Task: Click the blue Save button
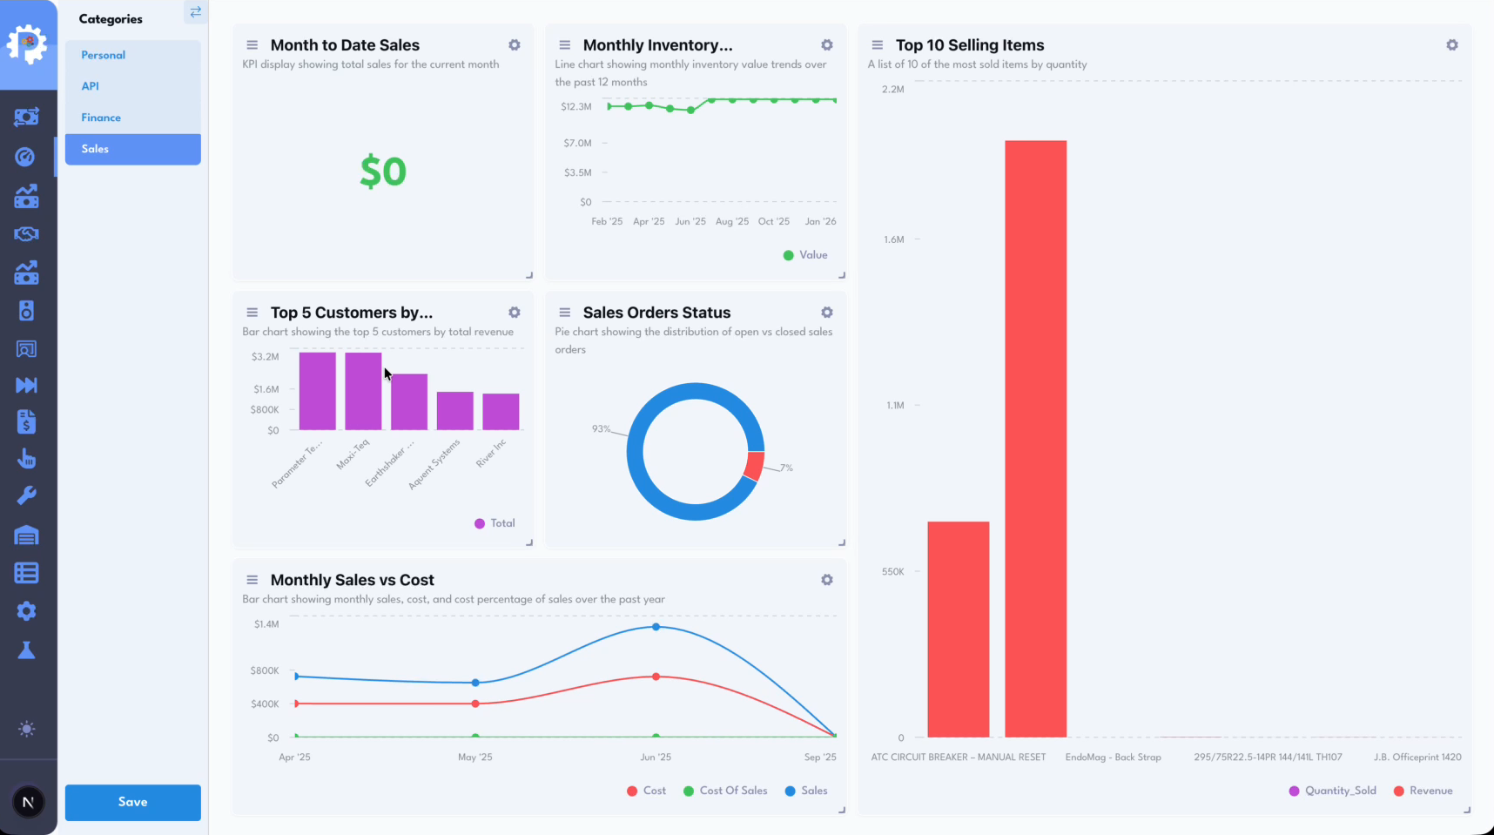tap(132, 802)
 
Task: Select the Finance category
tap(101, 118)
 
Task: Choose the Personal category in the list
tap(103, 55)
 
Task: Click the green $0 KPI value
tap(383, 172)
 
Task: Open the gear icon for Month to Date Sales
tap(515, 45)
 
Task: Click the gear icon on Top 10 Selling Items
tap(1452, 45)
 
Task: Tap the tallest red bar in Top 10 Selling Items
tap(1035, 435)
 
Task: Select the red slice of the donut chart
tap(754, 466)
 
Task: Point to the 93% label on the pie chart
tap(601, 428)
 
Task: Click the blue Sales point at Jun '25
tap(656, 627)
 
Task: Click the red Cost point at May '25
tap(475, 704)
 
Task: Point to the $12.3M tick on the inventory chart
tap(576, 106)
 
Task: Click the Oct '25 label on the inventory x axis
tap(773, 221)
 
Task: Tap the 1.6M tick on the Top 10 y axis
tap(894, 239)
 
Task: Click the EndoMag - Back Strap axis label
tap(1113, 757)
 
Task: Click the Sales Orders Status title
tap(656, 313)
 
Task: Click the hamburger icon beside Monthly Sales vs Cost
tap(252, 580)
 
